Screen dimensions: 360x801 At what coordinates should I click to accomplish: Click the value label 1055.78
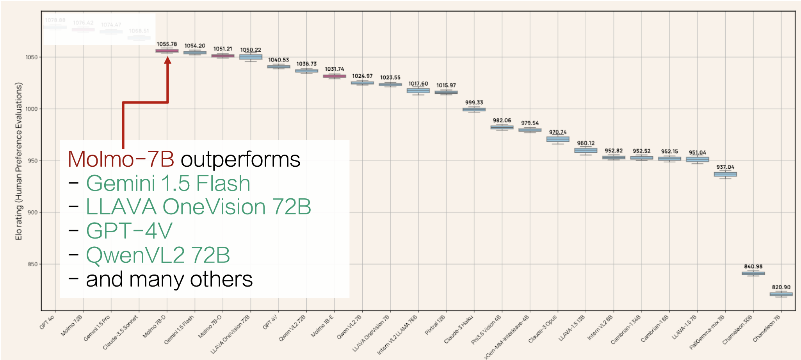[x=167, y=44]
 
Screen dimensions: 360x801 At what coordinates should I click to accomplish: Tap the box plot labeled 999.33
[x=474, y=110]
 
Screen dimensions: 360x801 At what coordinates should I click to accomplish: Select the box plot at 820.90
[x=781, y=294]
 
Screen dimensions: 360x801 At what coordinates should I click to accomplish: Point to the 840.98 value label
[x=753, y=266]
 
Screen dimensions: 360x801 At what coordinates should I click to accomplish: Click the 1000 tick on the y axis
[x=32, y=109]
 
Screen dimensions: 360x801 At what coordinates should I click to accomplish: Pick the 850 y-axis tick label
[x=32, y=264]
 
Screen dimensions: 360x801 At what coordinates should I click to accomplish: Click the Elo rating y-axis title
[x=19, y=161]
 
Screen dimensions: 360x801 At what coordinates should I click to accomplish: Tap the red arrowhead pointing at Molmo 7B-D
[x=167, y=60]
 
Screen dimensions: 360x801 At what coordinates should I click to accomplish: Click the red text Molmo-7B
[x=121, y=159]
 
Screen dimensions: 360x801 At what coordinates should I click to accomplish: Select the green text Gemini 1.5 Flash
[x=168, y=183]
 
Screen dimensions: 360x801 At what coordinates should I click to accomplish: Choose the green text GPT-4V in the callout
[x=129, y=231]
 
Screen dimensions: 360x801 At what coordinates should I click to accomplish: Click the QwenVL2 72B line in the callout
[x=158, y=255]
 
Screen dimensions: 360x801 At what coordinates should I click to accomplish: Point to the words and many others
[x=169, y=280]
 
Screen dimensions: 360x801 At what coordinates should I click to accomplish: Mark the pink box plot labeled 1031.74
[x=335, y=76]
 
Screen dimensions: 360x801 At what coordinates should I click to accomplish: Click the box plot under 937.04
[x=725, y=174]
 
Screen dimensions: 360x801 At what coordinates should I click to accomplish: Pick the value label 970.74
[x=557, y=132]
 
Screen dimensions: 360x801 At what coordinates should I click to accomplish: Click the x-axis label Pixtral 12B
[x=435, y=325]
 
